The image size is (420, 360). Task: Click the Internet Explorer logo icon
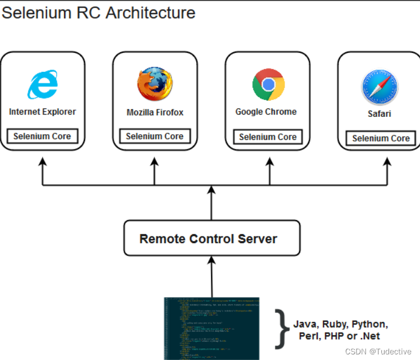click(x=42, y=85)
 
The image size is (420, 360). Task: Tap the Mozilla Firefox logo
click(x=155, y=84)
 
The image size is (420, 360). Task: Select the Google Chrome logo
click(x=268, y=84)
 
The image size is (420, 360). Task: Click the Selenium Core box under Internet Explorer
click(x=42, y=136)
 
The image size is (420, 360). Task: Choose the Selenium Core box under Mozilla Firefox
click(x=155, y=136)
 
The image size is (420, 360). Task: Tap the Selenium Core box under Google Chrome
click(x=268, y=136)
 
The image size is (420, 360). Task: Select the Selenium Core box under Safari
click(x=381, y=138)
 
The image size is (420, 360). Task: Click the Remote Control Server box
click(x=211, y=239)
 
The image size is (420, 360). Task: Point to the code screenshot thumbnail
click(x=211, y=328)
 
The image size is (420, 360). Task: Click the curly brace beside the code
click(x=281, y=329)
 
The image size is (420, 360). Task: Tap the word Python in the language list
click(x=369, y=324)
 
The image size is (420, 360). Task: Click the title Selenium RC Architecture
click(x=98, y=12)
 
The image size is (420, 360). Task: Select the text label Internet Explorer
click(x=42, y=112)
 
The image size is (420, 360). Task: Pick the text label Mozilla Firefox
click(x=155, y=112)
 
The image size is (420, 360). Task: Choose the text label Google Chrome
click(x=266, y=112)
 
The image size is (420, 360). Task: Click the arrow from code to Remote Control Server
click(x=211, y=275)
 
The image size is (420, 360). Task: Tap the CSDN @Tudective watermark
click(x=383, y=351)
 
